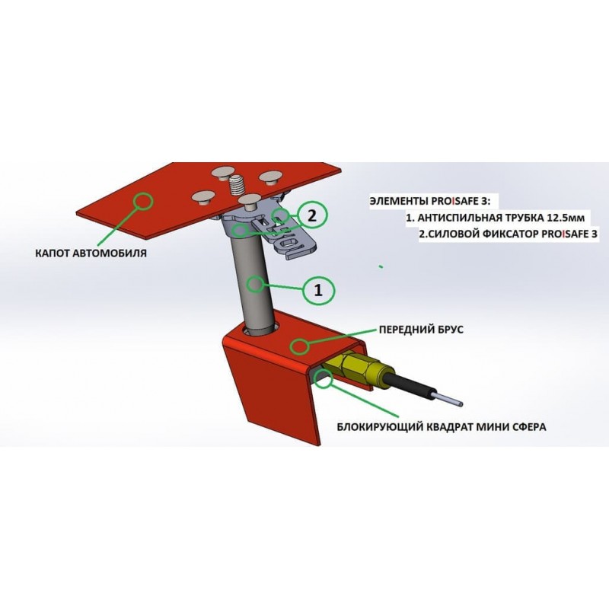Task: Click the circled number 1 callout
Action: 318,289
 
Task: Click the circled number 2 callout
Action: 312,215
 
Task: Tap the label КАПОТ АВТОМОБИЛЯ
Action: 91,253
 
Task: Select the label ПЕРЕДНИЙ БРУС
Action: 421,330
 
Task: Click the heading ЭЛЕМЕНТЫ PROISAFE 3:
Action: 430,201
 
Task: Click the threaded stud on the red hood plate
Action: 236,184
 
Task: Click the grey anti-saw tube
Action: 254,283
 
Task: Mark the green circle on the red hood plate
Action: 143,200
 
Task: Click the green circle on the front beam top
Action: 300,346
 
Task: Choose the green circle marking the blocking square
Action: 323,378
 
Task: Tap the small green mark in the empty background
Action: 381,266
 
